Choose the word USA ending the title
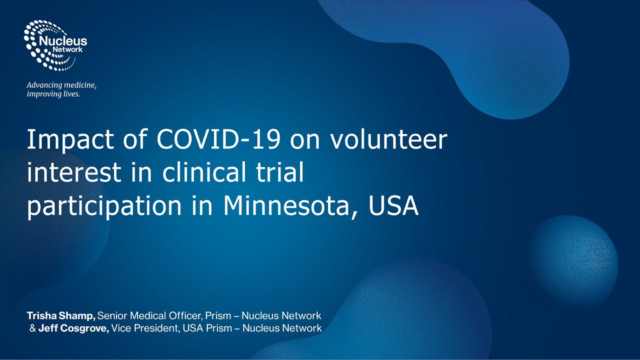[x=393, y=205]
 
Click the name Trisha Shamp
[x=61, y=315]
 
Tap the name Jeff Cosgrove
[x=73, y=328]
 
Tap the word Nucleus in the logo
[x=68, y=41]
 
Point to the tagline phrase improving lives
[x=53, y=94]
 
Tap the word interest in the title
[x=74, y=172]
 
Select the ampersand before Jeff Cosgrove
[x=32, y=328]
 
